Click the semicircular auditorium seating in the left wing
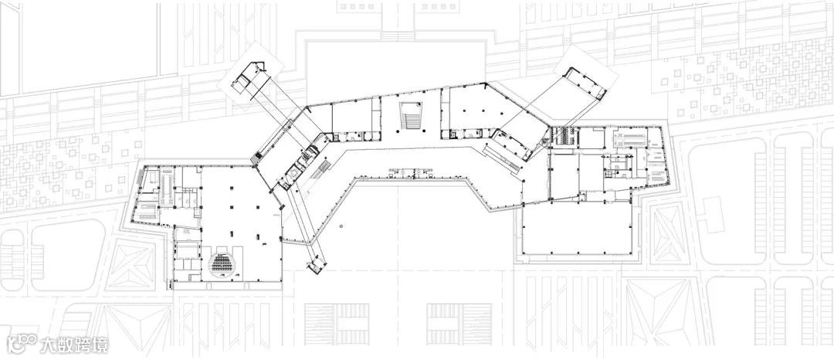pos(223,263)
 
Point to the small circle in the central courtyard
pos(341,226)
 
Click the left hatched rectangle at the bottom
pos(337,324)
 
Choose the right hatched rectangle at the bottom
pos(459,324)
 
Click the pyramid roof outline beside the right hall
pos(667,233)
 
